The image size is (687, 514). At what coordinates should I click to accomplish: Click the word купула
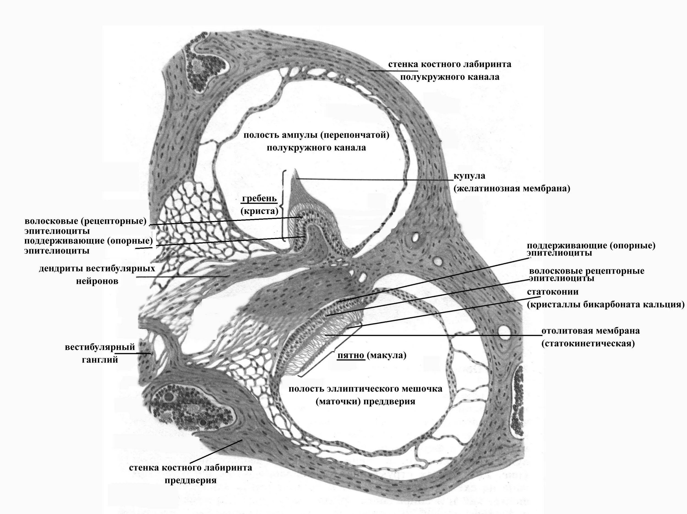click(469, 176)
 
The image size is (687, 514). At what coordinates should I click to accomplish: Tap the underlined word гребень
click(259, 198)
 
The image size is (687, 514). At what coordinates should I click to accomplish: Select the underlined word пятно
click(351, 355)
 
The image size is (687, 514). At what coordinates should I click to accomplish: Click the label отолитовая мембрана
click(590, 331)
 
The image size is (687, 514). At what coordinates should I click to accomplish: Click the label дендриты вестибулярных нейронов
click(97, 274)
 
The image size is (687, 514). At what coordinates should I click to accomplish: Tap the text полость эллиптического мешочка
click(365, 389)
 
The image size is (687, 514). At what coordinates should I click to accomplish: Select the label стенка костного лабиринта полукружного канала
click(450, 70)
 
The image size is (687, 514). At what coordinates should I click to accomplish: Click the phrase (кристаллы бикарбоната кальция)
click(605, 305)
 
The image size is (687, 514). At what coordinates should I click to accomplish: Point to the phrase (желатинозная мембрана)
click(512, 188)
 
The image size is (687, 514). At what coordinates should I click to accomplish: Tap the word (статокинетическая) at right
click(588, 344)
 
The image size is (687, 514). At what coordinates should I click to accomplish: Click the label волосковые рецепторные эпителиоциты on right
click(586, 274)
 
